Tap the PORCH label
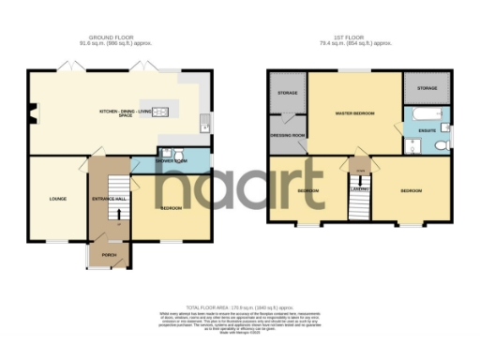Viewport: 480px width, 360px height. point(108,256)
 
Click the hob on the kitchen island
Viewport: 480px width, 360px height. point(161,112)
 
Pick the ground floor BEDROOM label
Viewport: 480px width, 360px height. point(171,207)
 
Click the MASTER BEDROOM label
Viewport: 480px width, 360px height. point(355,112)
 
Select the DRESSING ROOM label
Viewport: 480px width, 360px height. point(286,135)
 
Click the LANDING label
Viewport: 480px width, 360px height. point(358,190)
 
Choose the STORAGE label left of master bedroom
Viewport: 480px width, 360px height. point(286,94)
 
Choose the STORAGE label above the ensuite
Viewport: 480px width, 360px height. point(427,87)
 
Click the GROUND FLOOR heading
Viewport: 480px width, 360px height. point(119,38)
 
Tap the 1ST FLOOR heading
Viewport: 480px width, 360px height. point(358,38)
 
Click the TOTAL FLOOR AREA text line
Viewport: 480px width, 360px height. point(239,306)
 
